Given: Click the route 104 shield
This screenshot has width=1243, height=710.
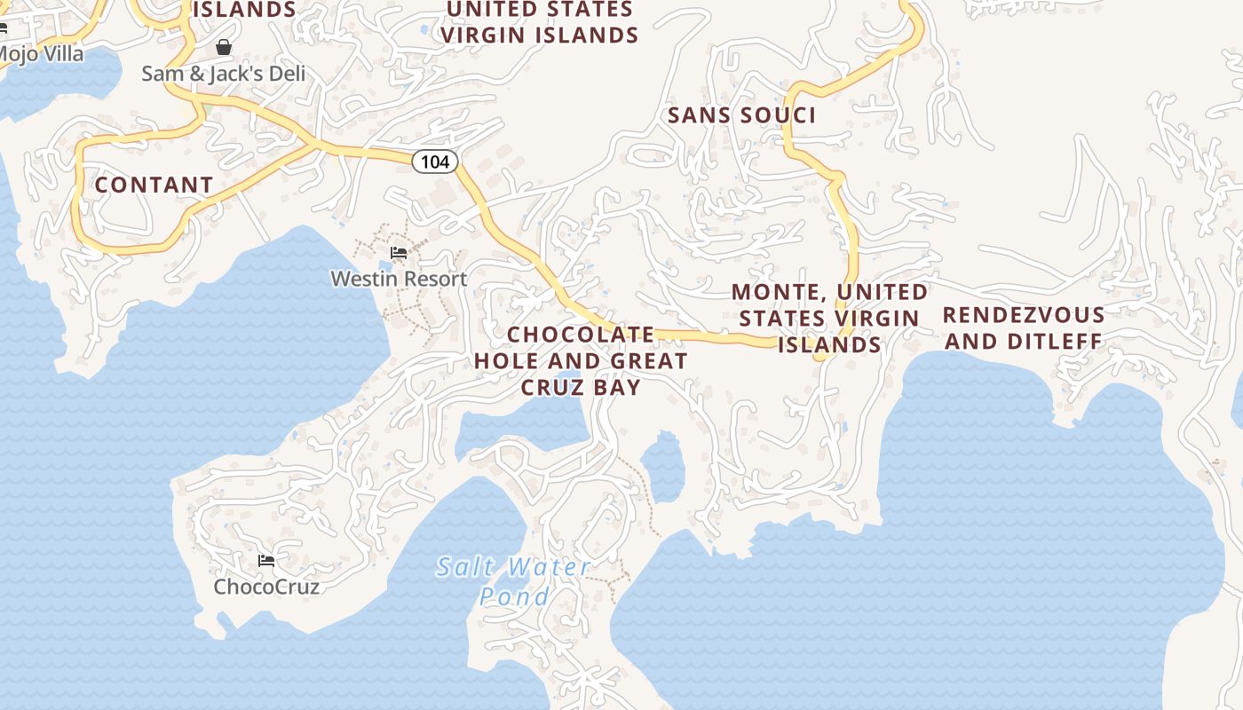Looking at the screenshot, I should pos(435,162).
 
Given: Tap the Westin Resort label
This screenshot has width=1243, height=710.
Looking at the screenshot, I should pos(399,279).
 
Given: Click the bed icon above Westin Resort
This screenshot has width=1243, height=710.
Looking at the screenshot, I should pos(399,254).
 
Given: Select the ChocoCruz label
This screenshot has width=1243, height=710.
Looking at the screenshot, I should pos(266,587).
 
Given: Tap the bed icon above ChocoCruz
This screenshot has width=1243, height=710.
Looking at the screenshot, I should pos(266,561).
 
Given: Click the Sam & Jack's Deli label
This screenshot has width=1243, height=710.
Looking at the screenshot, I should pos(223,74).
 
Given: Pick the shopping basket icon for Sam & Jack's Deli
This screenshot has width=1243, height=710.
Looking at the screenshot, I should pos(224,47).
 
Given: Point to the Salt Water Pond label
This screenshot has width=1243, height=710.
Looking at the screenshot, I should pos(514,581).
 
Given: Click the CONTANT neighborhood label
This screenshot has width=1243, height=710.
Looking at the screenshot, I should pos(154,185).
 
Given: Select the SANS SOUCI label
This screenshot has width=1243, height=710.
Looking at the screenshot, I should pos(741,115).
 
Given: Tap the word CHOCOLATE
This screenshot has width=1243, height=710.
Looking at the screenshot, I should pos(581,335).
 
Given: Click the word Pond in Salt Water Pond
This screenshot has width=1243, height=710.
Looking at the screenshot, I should pos(515,596).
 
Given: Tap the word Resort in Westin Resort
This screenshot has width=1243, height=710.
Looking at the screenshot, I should pos(433,279).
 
